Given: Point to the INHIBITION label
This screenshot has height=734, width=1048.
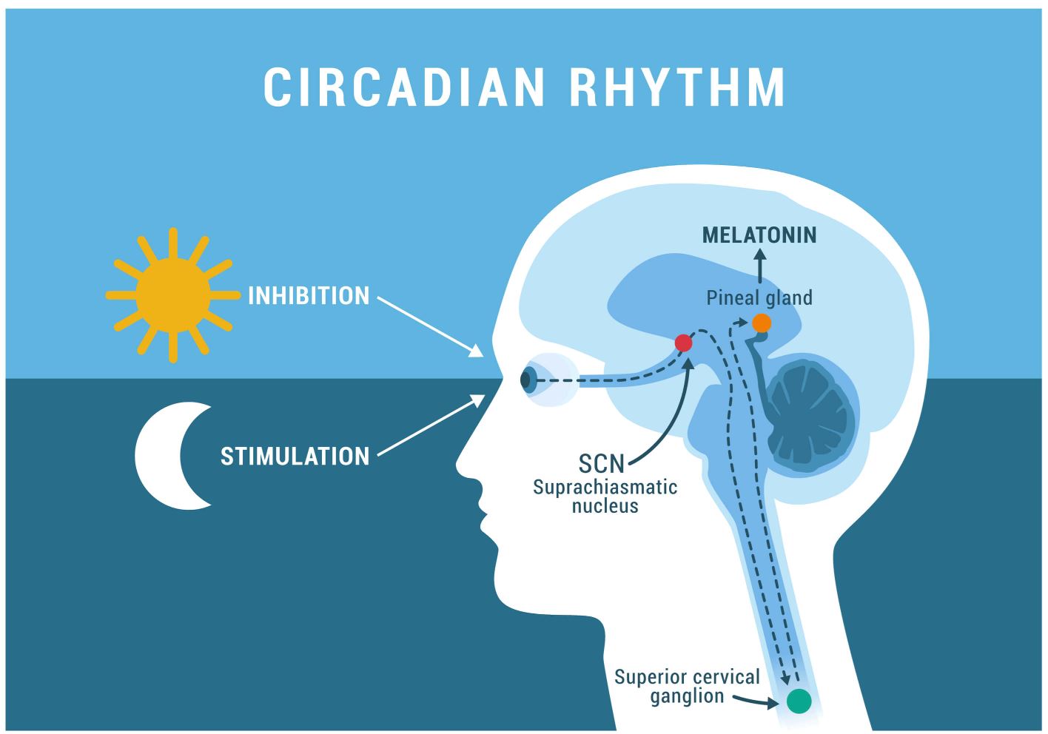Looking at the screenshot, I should tap(309, 296).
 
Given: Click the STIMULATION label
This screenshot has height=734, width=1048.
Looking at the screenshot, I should tap(295, 456).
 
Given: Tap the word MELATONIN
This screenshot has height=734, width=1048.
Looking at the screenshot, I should tap(759, 235).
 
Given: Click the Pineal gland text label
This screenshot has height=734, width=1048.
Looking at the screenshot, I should tap(759, 297).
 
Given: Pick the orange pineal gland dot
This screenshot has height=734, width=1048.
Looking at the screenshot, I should tap(762, 323).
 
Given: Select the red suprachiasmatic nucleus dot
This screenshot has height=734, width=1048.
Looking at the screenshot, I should tap(683, 343).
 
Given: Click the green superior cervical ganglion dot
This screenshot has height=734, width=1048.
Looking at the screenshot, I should tap(799, 700).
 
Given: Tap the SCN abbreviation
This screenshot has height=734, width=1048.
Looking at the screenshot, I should tap(601, 464).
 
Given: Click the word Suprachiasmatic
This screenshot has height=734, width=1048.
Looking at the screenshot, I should tap(605, 488).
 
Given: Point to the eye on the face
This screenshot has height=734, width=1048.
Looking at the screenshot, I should tap(530, 380).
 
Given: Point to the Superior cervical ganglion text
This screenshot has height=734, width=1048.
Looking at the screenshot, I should tap(688, 686).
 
